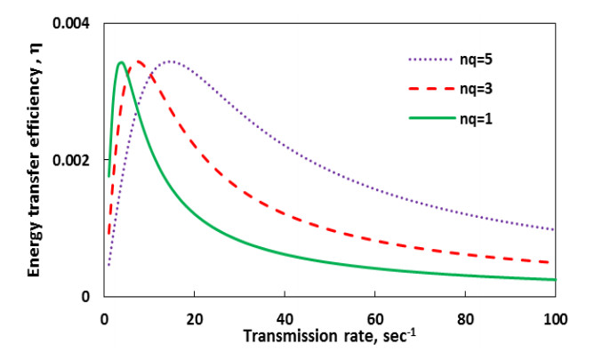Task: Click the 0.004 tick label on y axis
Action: coord(73,22)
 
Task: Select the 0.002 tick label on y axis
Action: coord(73,160)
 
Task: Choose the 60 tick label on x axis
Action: coord(374,316)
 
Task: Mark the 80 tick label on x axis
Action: coord(464,316)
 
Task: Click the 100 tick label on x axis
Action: coord(553,316)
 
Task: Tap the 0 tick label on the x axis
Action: coord(103,316)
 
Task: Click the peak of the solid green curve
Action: coord(121,62)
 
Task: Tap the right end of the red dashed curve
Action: coord(554,262)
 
